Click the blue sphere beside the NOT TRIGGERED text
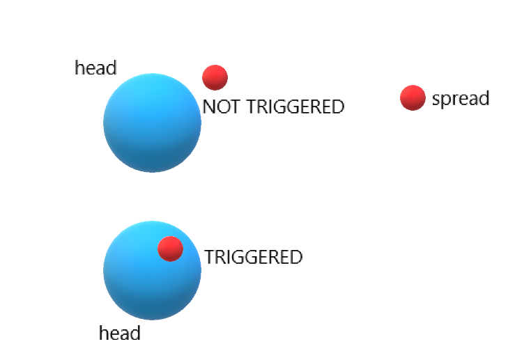[152, 123]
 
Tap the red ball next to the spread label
[413, 98]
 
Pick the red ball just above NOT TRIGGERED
[215, 77]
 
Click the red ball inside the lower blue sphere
[170, 249]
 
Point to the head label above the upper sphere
[95, 68]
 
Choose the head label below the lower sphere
[120, 334]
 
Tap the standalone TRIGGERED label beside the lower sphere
[254, 258]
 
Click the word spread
[461, 99]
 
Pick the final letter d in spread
[484, 98]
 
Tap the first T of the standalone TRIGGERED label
[209, 258]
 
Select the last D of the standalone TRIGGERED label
[296, 258]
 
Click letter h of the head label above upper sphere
[79, 68]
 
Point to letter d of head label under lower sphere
[135, 334]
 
